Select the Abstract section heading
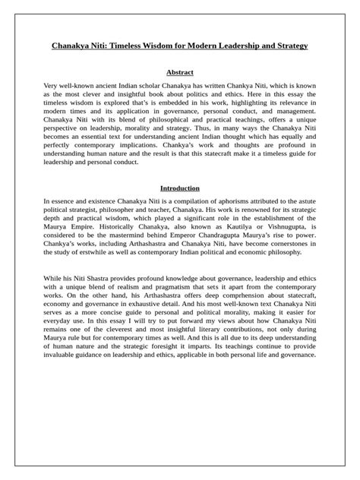[x=179, y=72]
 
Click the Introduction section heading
[x=179, y=188]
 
